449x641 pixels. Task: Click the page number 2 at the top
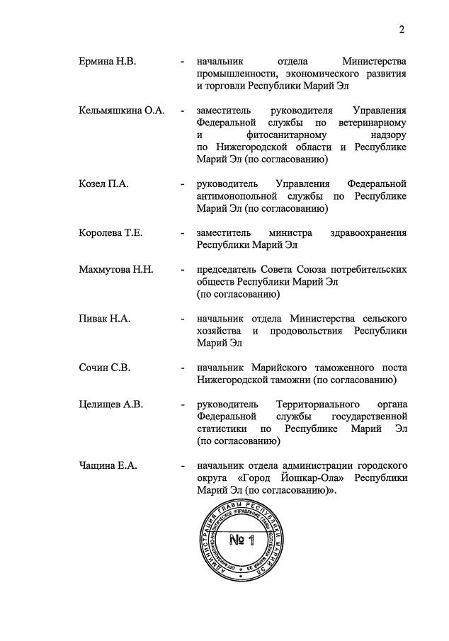[401, 30]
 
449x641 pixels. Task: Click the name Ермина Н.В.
[107, 62]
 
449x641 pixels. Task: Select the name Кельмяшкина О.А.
[121, 110]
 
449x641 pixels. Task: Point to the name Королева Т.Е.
[110, 233]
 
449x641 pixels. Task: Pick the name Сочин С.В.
[105, 368]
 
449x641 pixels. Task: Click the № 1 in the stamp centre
[241, 541]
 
